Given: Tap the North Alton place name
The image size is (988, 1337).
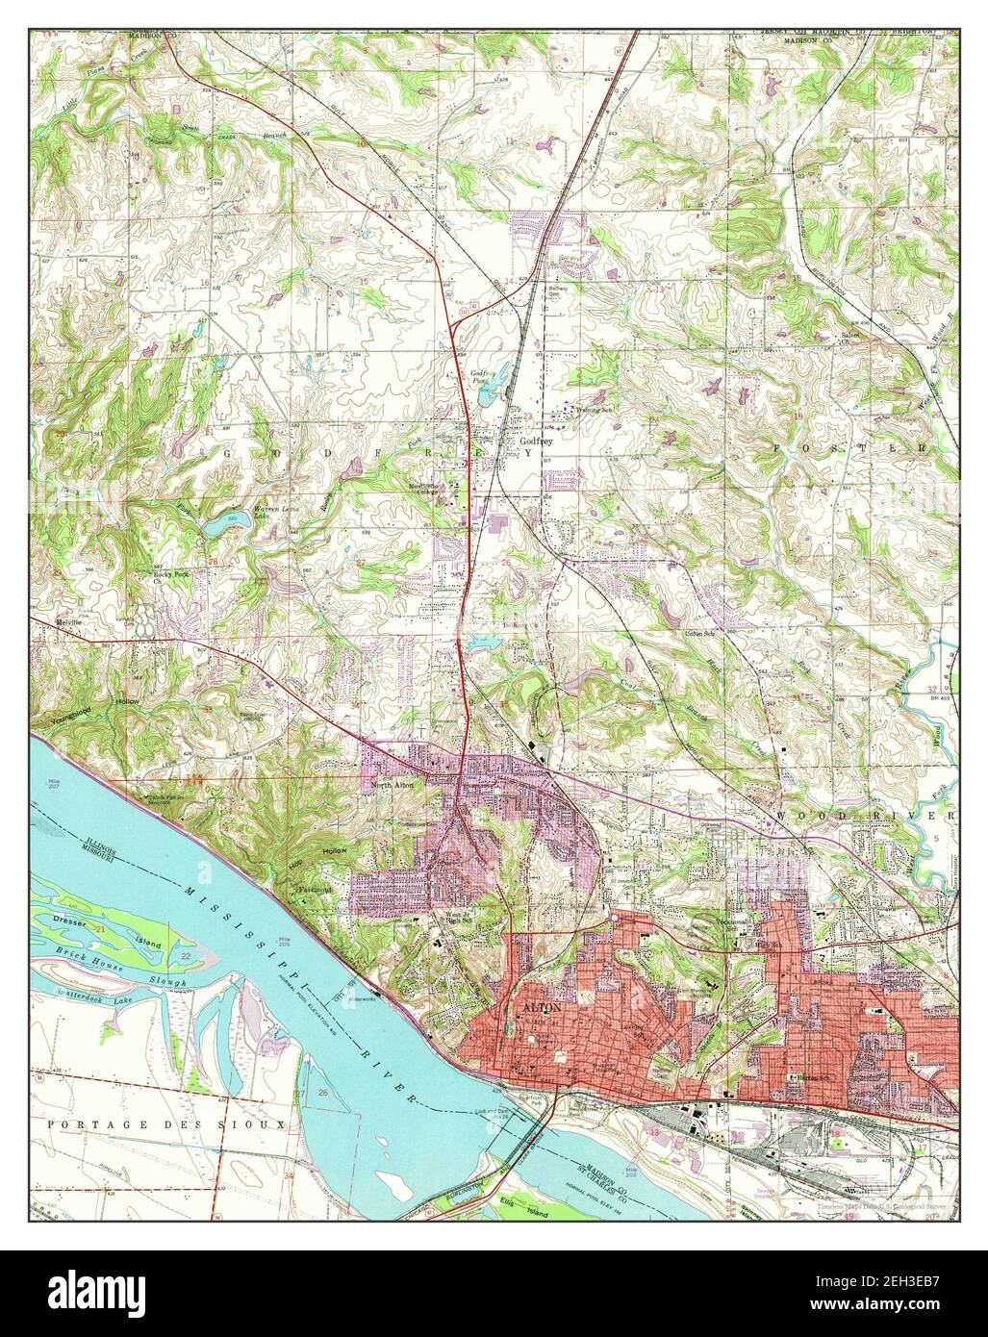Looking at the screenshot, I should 392,788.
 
